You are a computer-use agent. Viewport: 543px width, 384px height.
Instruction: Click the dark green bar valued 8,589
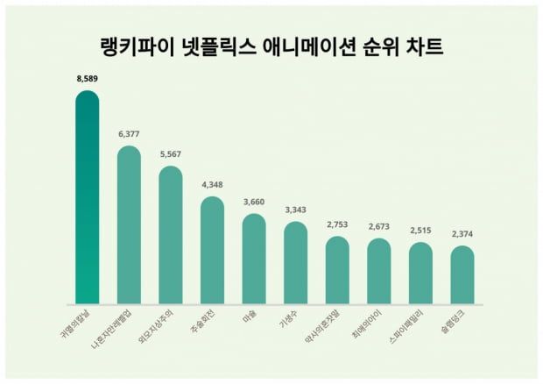coord(87,197)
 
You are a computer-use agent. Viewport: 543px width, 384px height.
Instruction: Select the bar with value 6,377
coord(129,224)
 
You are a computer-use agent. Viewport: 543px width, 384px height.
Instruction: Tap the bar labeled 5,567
coord(170,235)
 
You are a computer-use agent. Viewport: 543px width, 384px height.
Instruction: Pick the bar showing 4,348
coord(212,250)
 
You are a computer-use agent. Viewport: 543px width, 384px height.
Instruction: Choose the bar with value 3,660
coord(254,258)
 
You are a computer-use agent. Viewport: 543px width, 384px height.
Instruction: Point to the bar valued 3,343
coord(295,262)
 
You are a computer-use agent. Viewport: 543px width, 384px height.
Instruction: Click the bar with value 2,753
coord(337,269)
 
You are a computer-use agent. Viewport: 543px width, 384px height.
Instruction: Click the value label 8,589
coord(87,78)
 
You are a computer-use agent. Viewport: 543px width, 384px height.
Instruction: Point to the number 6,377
coord(129,134)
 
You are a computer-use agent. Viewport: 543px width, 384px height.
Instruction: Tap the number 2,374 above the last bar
coord(462,234)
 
